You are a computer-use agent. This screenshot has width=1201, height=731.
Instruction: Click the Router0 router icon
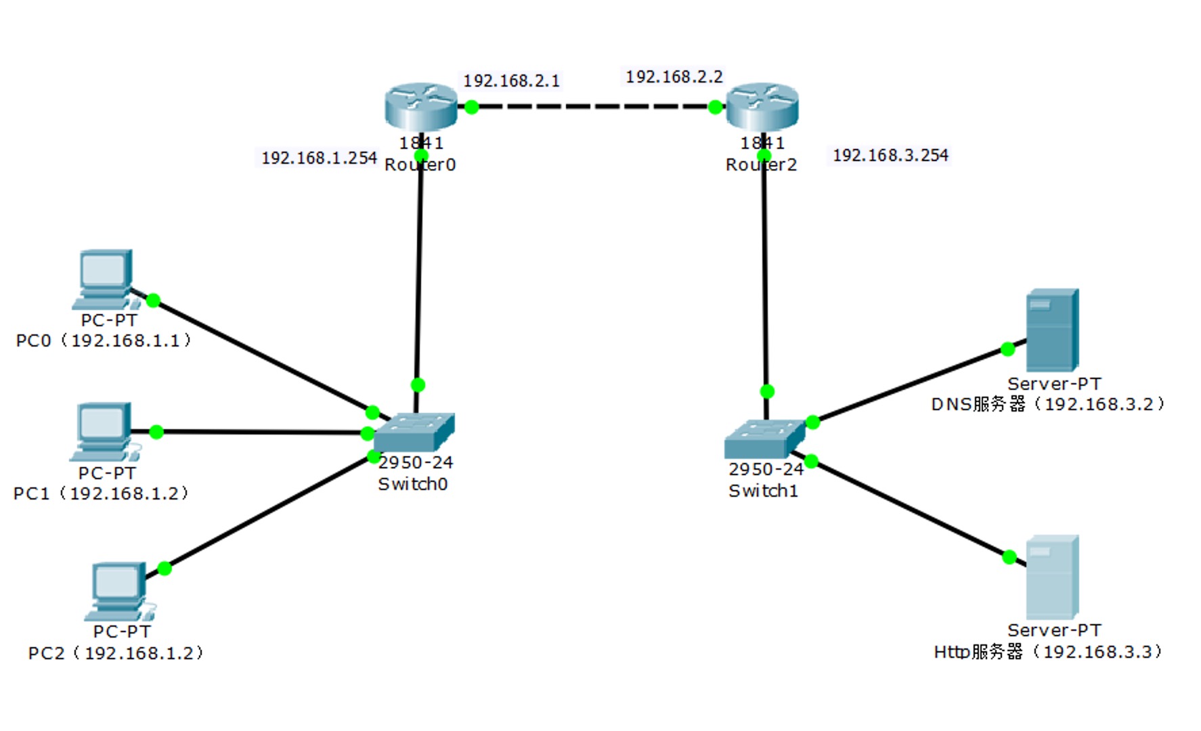(420, 106)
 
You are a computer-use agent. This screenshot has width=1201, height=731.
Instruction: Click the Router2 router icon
(762, 106)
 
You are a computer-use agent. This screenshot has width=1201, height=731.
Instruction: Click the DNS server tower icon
(1051, 330)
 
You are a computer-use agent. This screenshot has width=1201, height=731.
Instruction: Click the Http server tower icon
(1051, 577)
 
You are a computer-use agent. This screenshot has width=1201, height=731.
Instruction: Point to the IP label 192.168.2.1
(511, 81)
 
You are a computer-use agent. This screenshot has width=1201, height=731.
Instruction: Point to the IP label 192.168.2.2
(674, 77)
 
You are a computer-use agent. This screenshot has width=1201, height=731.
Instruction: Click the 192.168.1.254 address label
(319, 158)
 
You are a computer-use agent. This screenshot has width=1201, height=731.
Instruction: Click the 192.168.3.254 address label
(890, 156)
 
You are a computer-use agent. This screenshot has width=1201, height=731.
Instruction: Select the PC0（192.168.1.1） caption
(104, 340)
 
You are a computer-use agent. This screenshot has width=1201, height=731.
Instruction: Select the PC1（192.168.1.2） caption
(101, 493)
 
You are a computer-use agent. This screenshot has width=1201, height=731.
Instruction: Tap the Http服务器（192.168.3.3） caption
(1048, 652)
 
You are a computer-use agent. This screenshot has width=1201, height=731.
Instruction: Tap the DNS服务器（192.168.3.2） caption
(1048, 404)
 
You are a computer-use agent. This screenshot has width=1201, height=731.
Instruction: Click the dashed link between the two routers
(593, 107)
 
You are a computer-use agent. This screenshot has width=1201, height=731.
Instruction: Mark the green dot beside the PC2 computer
(165, 568)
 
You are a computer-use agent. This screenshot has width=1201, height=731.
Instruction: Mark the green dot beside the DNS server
(1007, 349)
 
